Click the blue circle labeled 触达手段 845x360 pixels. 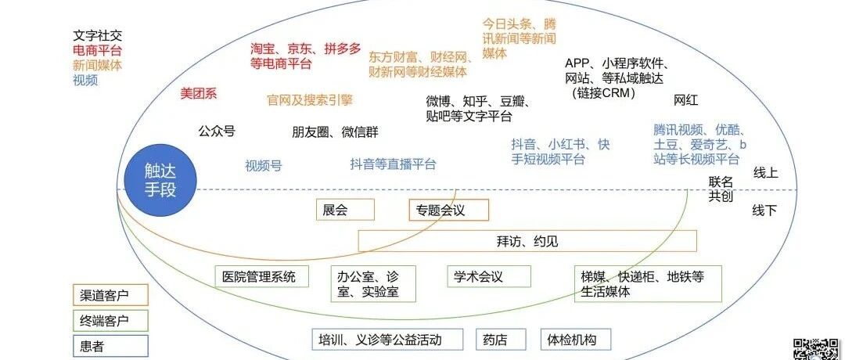tap(160, 180)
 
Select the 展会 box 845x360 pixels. tap(344, 210)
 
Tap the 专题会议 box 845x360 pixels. tap(449, 210)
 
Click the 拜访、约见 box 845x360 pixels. tap(527, 241)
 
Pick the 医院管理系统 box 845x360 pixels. tap(262, 276)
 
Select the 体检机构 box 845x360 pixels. tap(575, 340)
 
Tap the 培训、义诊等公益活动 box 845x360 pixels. tap(390, 340)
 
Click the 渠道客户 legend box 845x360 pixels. tap(110, 295)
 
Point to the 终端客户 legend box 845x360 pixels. tap(110, 320)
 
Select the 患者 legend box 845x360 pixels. tap(110, 345)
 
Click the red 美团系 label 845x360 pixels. tap(199, 94)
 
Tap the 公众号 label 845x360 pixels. tap(217, 131)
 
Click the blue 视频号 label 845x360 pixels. tap(264, 165)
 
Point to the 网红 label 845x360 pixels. tap(686, 100)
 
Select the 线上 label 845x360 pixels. tap(765, 173)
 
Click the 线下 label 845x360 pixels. tap(764, 211)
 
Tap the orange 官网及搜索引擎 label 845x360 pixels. tap(310, 100)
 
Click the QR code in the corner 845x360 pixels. tap(818, 348)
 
